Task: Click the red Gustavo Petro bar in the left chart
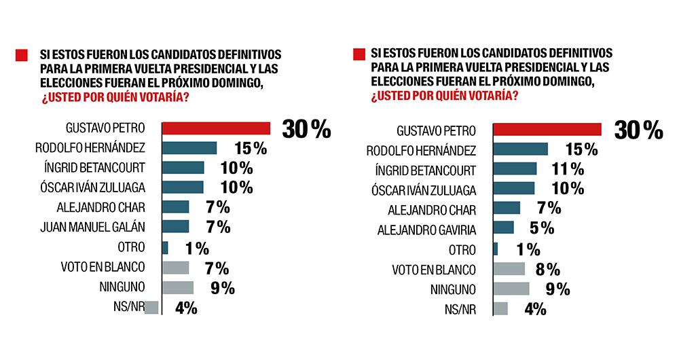[x=216, y=128]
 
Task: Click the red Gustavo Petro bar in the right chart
[x=547, y=129]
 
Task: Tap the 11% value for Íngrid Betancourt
[x=568, y=169]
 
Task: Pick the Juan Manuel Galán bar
[x=176, y=226]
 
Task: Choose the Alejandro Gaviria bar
[x=503, y=228]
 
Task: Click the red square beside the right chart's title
[x=359, y=54]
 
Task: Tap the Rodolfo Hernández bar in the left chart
[x=189, y=148]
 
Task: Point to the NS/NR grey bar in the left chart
[x=152, y=307]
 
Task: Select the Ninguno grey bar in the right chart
[x=511, y=289]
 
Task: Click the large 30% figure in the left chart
[x=306, y=128]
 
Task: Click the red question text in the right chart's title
[x=444, y=96]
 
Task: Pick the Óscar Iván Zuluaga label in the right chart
[x=426, y=190]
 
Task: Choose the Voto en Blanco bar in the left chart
[x=176, y=268]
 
